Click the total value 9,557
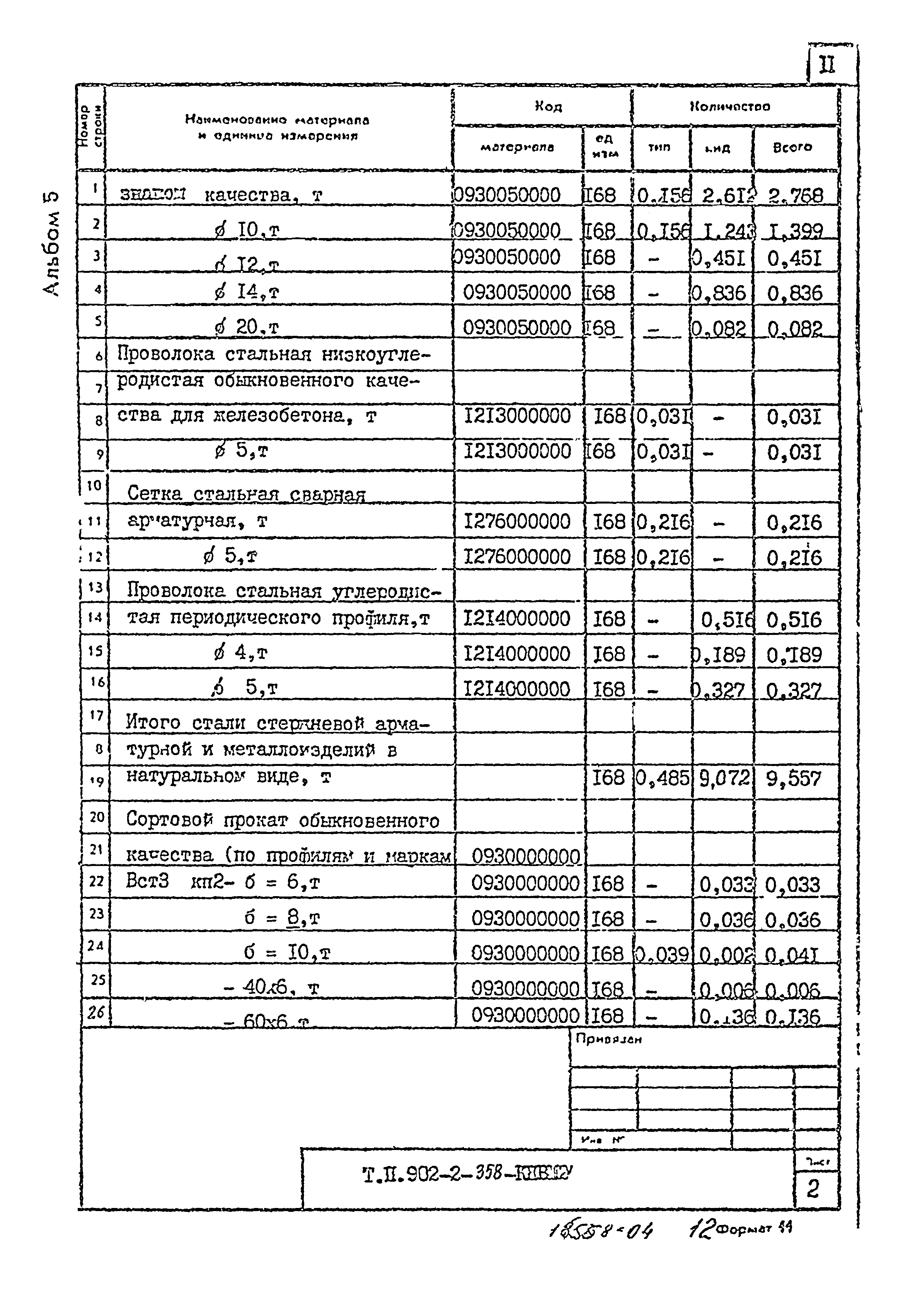793,779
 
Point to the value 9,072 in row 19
724,779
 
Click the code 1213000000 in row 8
517,416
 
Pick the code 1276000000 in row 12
517,557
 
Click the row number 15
95,651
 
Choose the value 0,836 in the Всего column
794,293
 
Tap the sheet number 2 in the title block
813,1188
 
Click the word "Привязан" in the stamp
608,1039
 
